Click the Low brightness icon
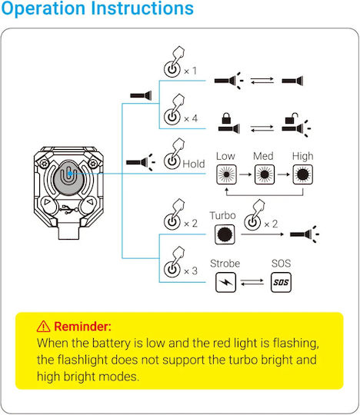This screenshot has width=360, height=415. [226, 174]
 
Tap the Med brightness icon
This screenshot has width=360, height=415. [265, 174]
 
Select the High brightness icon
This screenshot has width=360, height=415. [303, 174]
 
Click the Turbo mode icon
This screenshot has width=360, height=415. [225, 234]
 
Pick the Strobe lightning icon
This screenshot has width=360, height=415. [225, 282]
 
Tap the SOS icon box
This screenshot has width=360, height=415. [281, 282]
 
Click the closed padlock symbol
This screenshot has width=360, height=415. [226, 118]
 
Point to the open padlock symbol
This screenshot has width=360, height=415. [292, 118]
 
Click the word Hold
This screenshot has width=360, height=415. [194, 164]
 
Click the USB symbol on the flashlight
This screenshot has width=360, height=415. [68, 209]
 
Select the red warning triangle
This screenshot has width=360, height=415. [43, 327]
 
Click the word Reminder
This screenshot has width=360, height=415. [82, 327]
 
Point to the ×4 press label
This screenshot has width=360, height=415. [191, 118]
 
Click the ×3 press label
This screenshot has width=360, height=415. [191, 271]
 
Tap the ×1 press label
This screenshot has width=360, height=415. [190, 71]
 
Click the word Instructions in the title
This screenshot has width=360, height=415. [142, 8]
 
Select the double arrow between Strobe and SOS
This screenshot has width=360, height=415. [252, 282]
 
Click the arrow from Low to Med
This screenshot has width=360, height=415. [245, 174]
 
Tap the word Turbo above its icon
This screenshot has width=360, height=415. [223, 215]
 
